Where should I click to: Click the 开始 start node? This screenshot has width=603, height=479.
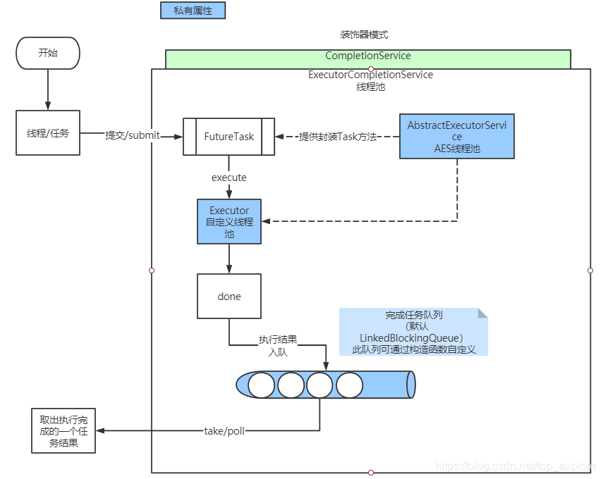[x=48, y=53]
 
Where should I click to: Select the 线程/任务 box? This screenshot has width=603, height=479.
[x=48, y=132]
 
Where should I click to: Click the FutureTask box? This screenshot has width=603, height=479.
[x=229, y=137]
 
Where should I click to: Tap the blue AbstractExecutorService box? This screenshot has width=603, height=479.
[x=457, y=137]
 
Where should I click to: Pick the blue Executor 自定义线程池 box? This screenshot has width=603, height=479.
[x=229, y=222]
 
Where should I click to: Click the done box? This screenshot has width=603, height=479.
[x=229, y=297]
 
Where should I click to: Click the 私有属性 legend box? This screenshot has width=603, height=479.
[x=193, y=11]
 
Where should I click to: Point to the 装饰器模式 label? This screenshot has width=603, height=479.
[x=364, y=35]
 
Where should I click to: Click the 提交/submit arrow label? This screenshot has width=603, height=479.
[x=133, y=136]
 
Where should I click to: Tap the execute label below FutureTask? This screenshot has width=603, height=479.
[x=229, y=178]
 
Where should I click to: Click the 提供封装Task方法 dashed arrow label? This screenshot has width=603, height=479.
[x=338, y=137]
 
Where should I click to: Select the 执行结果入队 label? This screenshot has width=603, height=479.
[x=278, y=346]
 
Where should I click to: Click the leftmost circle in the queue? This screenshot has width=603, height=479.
[x=262, y=385]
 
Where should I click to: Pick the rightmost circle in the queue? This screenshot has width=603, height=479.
[x=349, y=385]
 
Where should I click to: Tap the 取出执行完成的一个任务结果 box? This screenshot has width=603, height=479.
[x=63, y=430]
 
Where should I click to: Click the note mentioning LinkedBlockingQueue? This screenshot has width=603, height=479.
[x=413, y=332]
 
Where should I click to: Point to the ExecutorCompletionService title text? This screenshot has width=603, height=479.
[x=370, y=75]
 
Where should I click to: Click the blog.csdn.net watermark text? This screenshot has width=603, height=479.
[x=515, y=466]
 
